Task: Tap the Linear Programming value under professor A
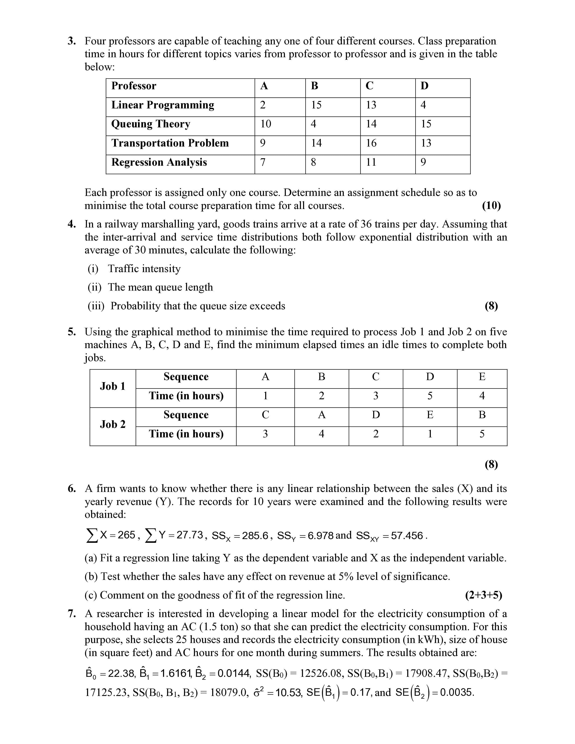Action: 263,105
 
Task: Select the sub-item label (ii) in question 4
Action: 94,287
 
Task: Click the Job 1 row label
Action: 113,386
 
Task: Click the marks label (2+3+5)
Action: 483,595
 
